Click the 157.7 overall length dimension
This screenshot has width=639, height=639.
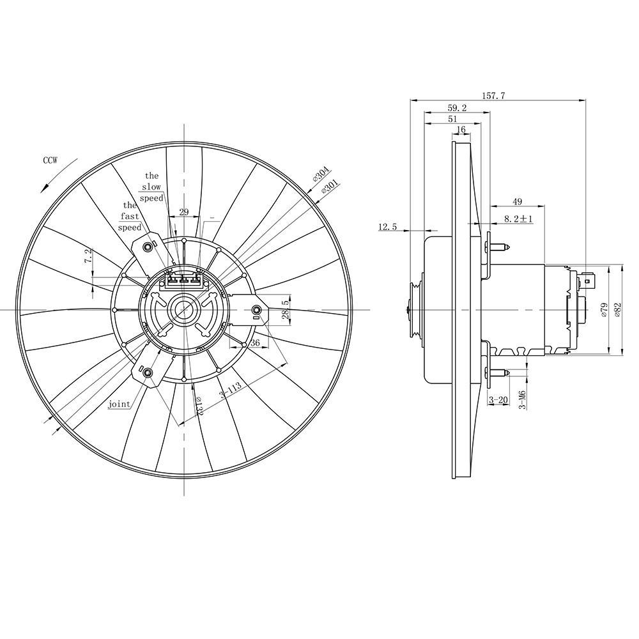tap(494, 96)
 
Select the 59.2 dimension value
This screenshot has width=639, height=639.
tap(458, 108)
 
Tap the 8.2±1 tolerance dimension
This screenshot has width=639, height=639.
tap(519, 219)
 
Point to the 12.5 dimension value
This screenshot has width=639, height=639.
tap(388, 227)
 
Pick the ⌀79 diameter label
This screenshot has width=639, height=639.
tap(604, 309)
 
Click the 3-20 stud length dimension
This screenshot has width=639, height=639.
tap(498, 400)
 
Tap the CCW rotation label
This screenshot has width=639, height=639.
tap(50, 160)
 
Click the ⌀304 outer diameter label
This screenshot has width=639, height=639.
tap(322, 174)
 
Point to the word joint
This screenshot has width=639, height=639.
tap(119, 404)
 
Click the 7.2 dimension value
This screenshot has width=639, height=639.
tap(88, 256)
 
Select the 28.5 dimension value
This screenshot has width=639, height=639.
tap(286, 308)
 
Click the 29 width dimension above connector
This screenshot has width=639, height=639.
tap(184, 212)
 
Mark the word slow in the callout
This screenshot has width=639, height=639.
tap(151, 187)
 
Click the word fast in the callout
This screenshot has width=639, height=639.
tap(130, 217)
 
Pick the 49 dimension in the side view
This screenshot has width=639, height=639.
tap(517, 201)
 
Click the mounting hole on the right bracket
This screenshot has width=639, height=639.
tap(257, 308)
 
